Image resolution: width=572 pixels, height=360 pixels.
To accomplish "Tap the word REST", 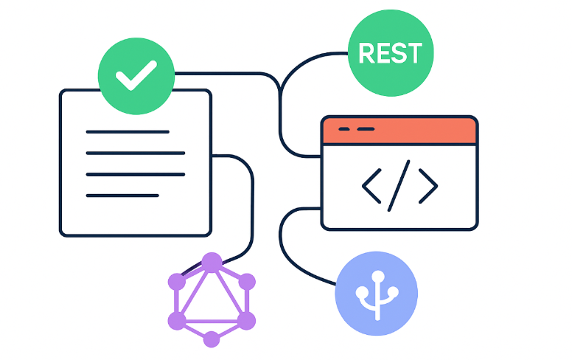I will coord(389,53).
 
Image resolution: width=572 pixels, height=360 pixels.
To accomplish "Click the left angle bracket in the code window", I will coord(372,185).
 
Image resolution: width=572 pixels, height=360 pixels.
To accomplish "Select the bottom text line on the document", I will coord(122,195).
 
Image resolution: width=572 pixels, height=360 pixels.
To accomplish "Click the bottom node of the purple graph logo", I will coord(212,339).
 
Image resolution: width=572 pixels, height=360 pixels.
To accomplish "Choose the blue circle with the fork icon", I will coord(376,293).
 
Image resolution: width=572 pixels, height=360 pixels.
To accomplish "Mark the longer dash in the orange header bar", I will coord(366,129).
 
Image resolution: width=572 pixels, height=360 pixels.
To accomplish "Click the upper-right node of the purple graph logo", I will coord(247,281).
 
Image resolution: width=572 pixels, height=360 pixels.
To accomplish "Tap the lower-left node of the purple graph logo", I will coord(176,320).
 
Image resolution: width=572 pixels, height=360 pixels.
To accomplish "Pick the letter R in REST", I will coord(366,53).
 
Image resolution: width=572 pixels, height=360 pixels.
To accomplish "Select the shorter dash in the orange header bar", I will coord(343,129).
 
